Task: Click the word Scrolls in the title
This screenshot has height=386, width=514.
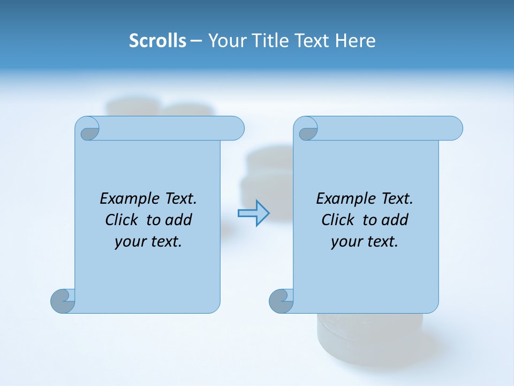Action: click(x=157, y=41)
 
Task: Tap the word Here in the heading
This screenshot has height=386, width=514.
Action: click(x=355, y=41)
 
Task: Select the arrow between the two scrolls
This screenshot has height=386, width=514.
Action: click(x=253, y=213)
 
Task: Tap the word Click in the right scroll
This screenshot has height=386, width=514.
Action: click(x=337, y=220)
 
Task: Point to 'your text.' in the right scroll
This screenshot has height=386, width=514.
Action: click(x=365, y=241)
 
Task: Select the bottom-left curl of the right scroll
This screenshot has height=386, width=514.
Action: click(x=281, y=301)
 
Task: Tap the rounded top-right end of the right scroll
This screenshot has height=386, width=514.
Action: click(x=453, y=128)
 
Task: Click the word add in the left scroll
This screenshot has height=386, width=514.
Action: click(x=178, y=220)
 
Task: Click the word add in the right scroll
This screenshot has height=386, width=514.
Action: click(x=395, y=220)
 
